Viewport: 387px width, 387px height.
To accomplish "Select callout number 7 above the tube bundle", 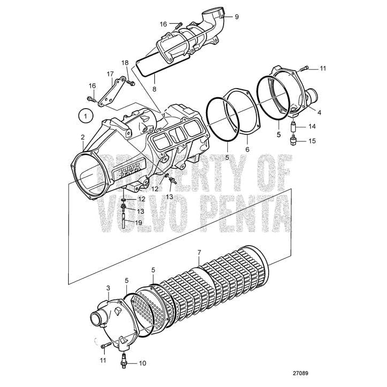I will (x=199, y=252).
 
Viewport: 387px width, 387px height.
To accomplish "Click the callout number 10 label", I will (x=142, y=363).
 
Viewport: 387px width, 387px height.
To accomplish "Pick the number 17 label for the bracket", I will (x=110, y=74).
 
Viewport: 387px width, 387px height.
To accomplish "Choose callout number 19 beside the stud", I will (x=139, y=221).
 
